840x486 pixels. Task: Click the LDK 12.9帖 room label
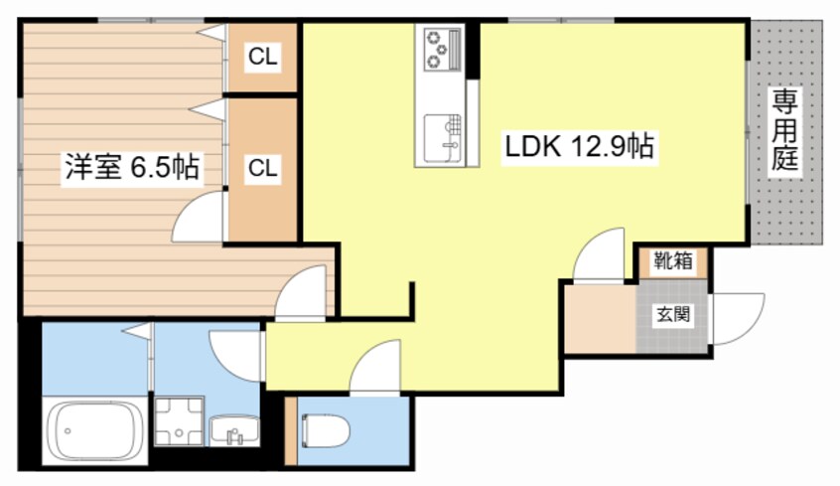[579, 146]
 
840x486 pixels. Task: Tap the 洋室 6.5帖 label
[132, 167]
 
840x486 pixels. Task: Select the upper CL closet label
[262, 56]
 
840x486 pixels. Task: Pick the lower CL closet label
[262, 168]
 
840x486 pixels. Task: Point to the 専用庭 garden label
[784, 130]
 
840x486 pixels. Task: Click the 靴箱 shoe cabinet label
[673, 261]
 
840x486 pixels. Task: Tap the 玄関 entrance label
[673, 315]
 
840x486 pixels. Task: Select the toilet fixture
[325, 430]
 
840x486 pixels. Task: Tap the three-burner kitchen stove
[443, 50]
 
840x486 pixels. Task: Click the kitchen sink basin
[443, 138]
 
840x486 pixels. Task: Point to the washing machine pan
[180, 421]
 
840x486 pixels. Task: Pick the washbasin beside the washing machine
[234, 430]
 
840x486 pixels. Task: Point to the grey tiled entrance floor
[672, 316]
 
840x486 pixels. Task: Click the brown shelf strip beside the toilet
[290, 430]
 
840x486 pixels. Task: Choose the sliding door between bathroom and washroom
[151, 359]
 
